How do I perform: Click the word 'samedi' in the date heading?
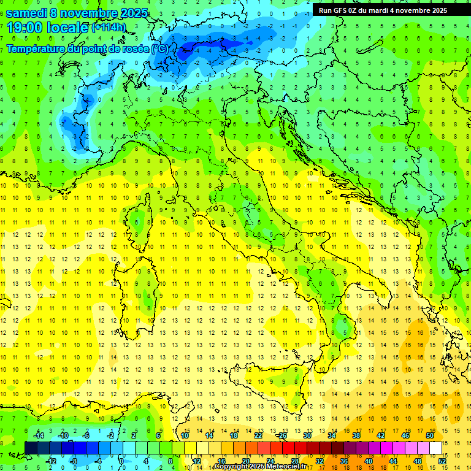point(26,13)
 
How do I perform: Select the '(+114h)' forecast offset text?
point(109,28)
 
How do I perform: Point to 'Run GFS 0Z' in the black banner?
point(340,10)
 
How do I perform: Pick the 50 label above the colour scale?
point(429,435)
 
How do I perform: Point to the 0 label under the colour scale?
point(121,461)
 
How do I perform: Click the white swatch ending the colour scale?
point(435,448)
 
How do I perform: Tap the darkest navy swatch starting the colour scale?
point(31,448)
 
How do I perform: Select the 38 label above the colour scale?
point(356,435)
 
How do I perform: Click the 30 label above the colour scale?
point(307,435)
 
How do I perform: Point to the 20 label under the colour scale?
point(245,461)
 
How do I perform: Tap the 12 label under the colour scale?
point(196,461)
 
